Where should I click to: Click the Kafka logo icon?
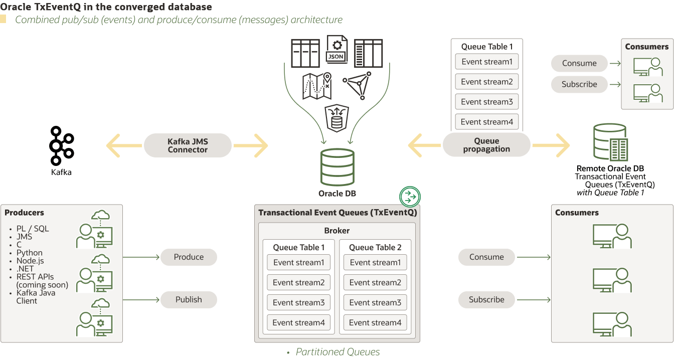coord(61,145)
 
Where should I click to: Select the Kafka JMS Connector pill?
coord(188,146)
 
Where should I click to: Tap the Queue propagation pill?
coord(486,145)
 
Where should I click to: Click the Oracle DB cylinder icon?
coord(337,167)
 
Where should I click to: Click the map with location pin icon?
coord(317,86)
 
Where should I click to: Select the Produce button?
coord(189,257)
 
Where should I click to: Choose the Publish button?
coord(189,300)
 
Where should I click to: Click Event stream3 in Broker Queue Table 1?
coord(298,303)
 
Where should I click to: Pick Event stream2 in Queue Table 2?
coord(375,283)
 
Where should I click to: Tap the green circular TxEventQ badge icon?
coord(410,197)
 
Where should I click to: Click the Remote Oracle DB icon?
coord(610,142)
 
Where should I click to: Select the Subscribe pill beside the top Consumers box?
coord(579,84)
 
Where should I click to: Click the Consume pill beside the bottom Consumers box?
coord(486,257)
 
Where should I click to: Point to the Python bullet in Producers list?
coord(29,253)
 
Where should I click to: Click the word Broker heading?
coord(337,231)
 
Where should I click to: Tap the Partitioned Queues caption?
coord(338,352)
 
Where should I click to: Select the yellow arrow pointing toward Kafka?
coord(123,146)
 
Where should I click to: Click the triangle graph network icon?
coord(358,84)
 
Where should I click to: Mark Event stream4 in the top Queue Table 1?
coord(486,122)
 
